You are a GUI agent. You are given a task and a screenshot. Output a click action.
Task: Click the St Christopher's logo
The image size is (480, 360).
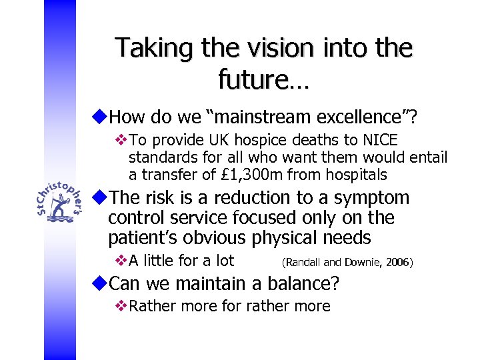tap(61, 202)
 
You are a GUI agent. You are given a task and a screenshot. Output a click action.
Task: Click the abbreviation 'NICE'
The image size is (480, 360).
tap(380, 141)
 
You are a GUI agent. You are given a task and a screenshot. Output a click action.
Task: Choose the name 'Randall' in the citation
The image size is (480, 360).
tap(304, 263)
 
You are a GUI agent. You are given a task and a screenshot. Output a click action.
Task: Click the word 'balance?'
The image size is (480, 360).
tap(303, 284)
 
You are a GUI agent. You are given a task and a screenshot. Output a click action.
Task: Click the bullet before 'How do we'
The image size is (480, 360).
tap(100, 117)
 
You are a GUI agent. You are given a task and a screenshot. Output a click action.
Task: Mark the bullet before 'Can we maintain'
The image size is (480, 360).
tap(100, 284)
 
